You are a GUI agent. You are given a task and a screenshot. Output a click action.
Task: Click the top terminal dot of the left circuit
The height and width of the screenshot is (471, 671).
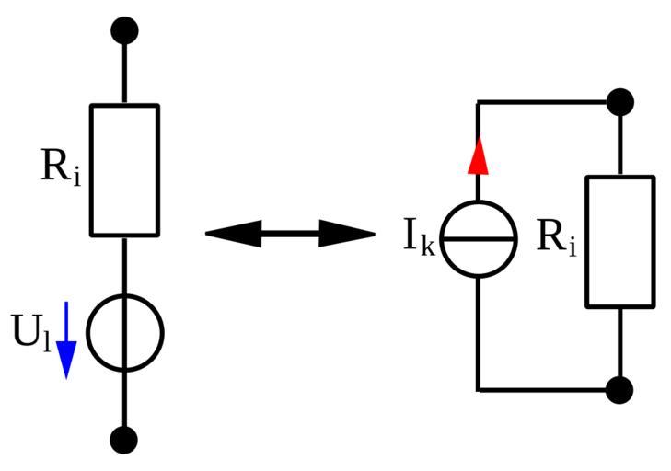pos(124,30)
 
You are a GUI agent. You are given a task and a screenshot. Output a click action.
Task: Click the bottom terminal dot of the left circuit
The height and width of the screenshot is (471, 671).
pos(124,440)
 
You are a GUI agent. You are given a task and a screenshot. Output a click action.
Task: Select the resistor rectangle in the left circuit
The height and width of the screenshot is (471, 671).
pos(124,170)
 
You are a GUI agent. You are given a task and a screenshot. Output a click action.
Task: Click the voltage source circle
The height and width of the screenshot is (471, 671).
pos(124,333)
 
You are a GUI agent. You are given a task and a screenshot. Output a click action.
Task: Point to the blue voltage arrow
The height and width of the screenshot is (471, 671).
pos(65,340)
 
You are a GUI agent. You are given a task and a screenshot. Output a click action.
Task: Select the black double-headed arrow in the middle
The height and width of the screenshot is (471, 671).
pos(290,234)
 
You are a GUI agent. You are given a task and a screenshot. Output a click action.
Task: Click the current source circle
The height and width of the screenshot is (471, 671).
pos(478,239)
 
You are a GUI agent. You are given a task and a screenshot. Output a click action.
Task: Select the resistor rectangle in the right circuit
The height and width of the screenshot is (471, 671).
pos(620,241)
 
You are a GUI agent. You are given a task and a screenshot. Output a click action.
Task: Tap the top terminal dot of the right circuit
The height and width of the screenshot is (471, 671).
pos(620,101)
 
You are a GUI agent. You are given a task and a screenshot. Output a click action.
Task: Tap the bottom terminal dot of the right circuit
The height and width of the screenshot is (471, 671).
pos(620,390)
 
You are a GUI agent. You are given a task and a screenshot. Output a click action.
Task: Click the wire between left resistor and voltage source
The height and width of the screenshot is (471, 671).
pos(124,265)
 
